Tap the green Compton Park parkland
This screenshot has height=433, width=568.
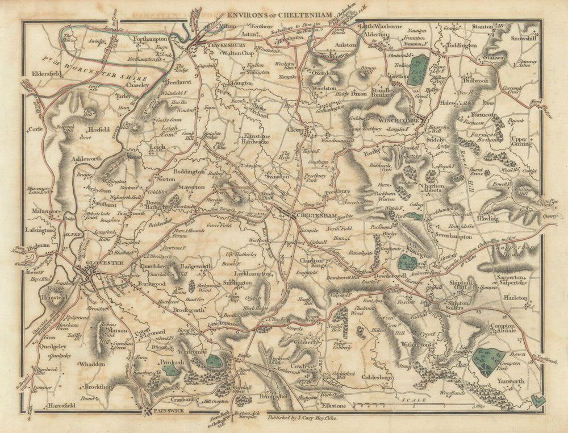(x=488, y=361)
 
